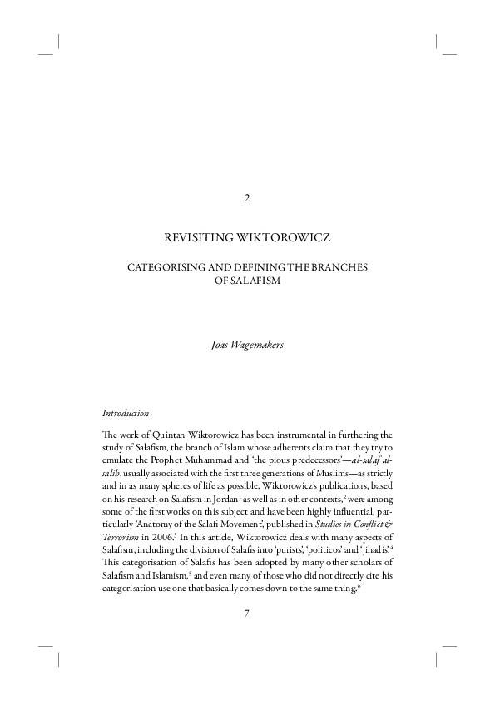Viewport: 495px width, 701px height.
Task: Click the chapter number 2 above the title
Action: pos(247,197)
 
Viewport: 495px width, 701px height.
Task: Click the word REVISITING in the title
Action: pos(200,238)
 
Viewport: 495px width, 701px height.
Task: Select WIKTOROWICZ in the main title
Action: pos(282,238)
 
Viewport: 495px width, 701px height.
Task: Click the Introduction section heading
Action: pos(126,413)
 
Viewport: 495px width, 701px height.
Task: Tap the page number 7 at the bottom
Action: pos(247,614)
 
